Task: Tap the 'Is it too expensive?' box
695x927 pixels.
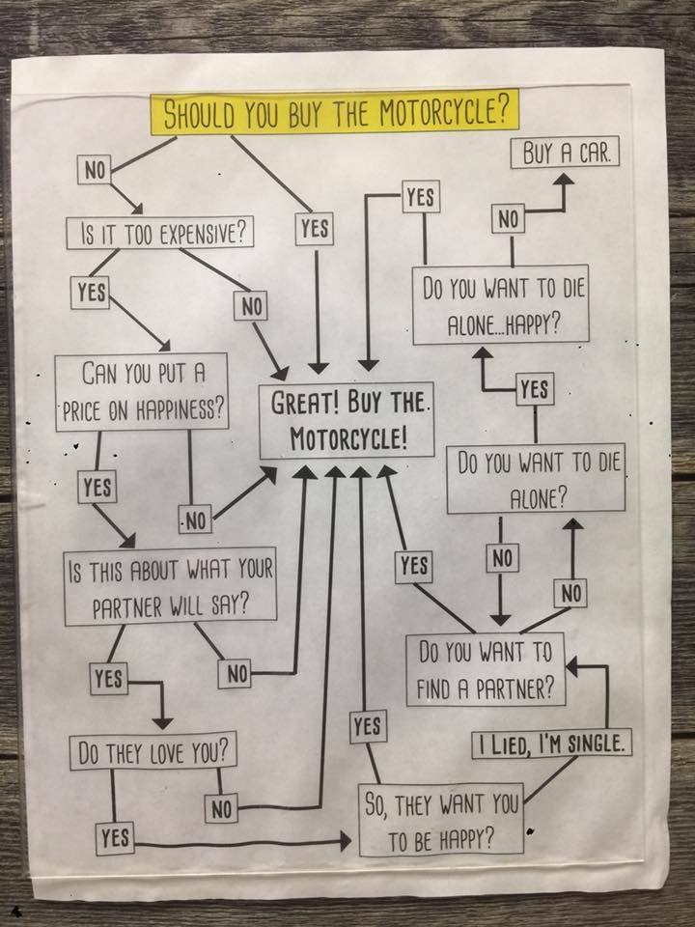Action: tap(160, 233)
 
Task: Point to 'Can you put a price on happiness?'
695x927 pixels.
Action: tap(142, 389)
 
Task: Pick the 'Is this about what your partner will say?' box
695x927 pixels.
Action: tap(171, 585)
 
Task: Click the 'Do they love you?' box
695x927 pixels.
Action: tap(153, 751)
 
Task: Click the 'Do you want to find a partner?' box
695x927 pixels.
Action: tap(485, 669)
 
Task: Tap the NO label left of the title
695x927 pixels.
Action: tap(94, 170)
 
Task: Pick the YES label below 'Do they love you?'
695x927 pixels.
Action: tap(115, 838)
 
